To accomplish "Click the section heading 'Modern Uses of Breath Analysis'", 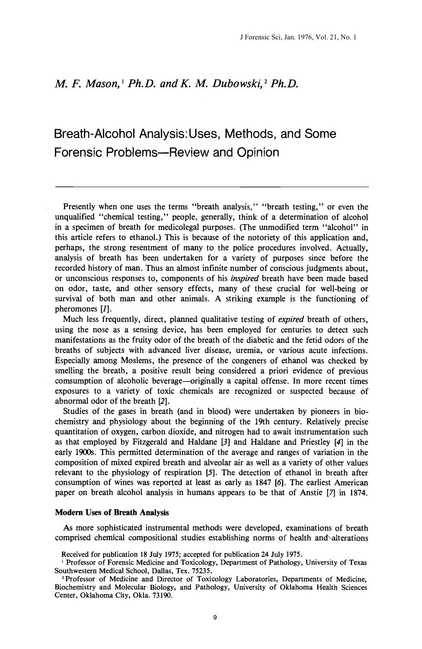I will [112, 513].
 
